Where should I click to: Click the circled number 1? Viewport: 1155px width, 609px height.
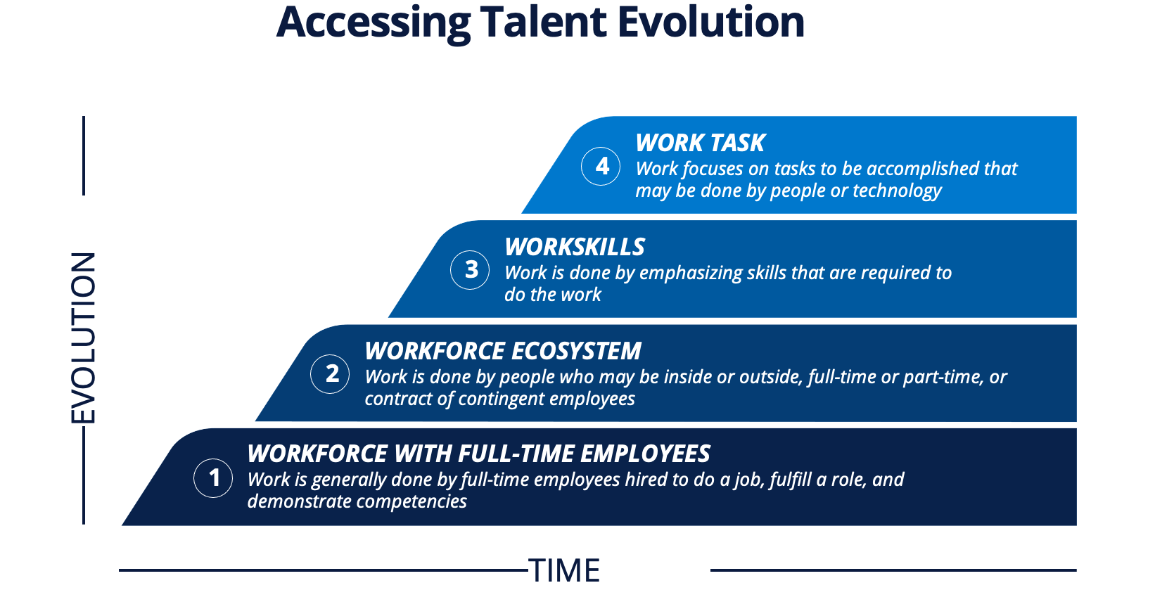213,478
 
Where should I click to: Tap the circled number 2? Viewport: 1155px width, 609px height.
330,373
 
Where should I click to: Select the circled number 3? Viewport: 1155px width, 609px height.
470,269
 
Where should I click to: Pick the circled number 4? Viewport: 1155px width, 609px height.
601,166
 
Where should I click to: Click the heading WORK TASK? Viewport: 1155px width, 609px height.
700,143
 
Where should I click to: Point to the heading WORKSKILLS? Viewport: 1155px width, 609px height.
574,247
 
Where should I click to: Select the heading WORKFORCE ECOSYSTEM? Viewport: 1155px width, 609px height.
502,351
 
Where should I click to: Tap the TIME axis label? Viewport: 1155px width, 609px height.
564,570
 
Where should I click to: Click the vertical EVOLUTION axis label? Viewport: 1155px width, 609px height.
83,338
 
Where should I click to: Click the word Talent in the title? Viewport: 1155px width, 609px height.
543,23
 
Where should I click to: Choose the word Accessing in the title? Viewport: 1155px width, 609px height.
373,23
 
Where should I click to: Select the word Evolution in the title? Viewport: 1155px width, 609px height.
710,23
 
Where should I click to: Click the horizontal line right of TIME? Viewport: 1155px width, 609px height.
893,570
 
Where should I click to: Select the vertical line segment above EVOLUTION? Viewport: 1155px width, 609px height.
84,155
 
